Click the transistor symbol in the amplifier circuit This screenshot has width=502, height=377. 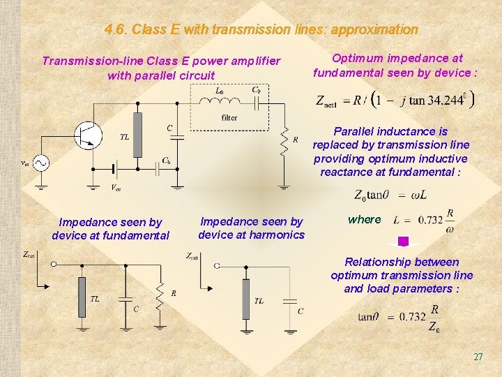click(89, 135)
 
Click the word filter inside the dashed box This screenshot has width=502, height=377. click(229, 118)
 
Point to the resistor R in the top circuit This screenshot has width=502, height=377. click(284, 142)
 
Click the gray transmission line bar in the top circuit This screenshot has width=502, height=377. click(137, 134)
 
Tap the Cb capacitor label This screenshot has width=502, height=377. click(167, 161)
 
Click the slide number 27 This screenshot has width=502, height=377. click(478, 357)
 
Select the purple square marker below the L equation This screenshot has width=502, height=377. click(403, 242)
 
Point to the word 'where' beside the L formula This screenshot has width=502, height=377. click(365, 219)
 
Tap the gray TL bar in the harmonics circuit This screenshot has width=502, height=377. click(245, 299)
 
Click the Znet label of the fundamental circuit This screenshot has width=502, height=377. click(30, 256)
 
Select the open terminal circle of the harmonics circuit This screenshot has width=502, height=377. click(217, 266)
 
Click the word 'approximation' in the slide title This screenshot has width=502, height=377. click(374, 30)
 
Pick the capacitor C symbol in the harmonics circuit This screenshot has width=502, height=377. click(288, 301)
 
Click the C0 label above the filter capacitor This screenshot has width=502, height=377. click(257, 90)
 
